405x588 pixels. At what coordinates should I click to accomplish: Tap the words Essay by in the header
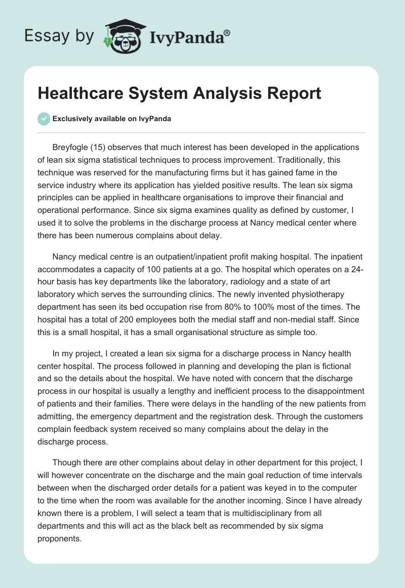point(60,36)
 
